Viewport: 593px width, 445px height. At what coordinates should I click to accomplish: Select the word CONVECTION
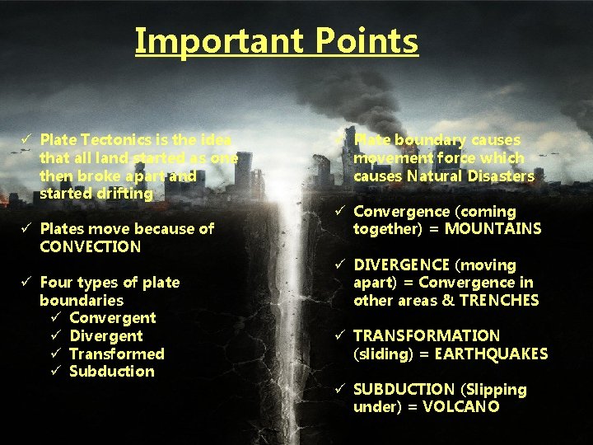[x=90, y=246]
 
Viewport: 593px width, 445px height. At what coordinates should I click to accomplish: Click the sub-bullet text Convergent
[x=112, y=318]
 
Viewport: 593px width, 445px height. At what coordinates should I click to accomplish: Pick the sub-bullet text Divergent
[x=105, y=336]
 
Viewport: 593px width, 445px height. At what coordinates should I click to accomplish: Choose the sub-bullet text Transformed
[x=116, y=354]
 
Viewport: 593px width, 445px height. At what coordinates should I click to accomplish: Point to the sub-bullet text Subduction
[x=111, y=372]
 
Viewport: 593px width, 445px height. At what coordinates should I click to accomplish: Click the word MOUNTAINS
[x=493, y=229]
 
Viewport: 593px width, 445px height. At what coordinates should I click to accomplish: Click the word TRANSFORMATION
[x=427, y=336]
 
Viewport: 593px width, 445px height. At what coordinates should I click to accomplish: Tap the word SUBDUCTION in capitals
[x=404, y=390]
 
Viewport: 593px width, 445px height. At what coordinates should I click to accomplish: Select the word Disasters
[x=502, y=176]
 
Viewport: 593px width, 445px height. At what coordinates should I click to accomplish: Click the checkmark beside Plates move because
[x=27, y=228]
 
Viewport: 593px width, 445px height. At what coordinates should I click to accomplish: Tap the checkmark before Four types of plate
[x=27, y=282]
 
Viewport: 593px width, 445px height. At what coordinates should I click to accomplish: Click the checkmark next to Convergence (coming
[x=341, y=212]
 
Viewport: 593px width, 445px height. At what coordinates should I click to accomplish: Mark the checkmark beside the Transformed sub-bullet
[x=56, y=354]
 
